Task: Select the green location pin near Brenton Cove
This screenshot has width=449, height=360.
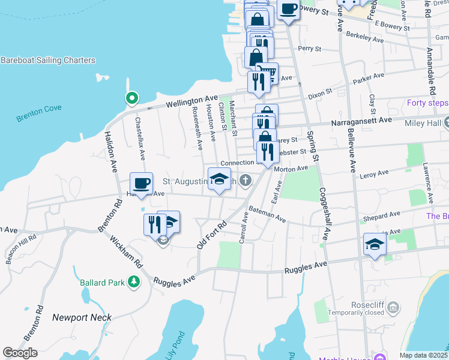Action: [x=131, y=98]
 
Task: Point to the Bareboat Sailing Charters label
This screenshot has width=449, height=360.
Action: [x=48, y=61]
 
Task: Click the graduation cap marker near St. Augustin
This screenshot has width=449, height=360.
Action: [x=219, y=178]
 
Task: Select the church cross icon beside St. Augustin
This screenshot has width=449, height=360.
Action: [x=245, y=180]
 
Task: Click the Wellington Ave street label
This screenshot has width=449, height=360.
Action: [x=191, y=100]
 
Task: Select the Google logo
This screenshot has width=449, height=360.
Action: [x=20, y=352]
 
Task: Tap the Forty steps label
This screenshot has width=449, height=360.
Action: [x=427, y=103]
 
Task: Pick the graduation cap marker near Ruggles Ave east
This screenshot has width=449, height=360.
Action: [x=375, y=244]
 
